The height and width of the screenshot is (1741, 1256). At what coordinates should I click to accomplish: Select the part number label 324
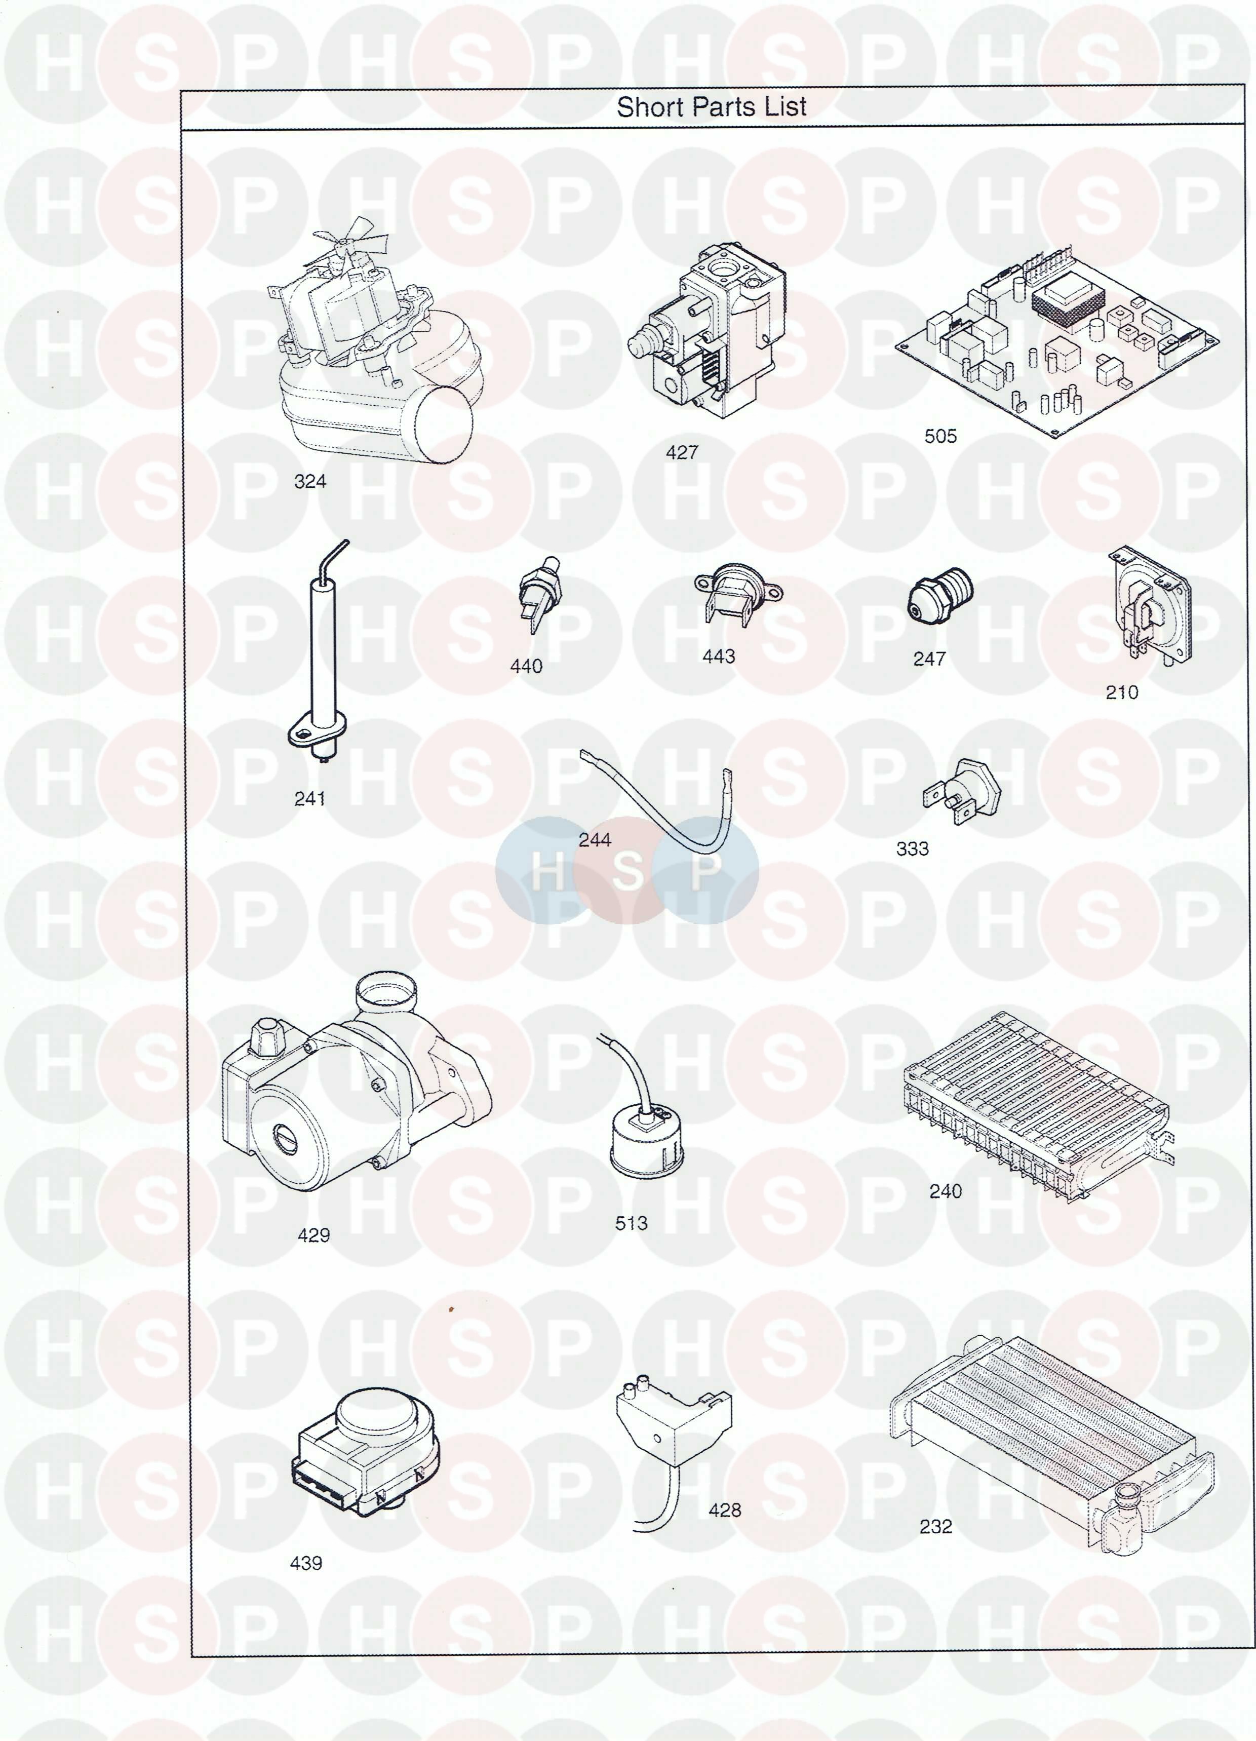tap(310, 481)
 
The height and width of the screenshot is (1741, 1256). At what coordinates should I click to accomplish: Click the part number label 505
tap(940, 436)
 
